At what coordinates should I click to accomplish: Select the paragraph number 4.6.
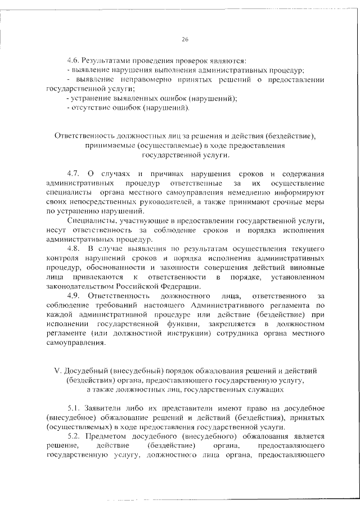coord(73,60)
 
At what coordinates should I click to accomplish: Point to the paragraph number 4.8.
coord(73,248)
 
